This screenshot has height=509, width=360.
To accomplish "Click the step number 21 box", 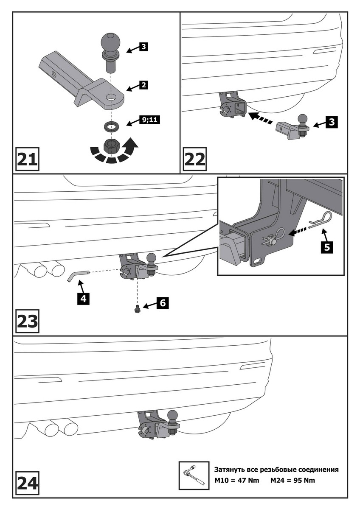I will (28, 159).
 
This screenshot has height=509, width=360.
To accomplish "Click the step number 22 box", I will (195, 159).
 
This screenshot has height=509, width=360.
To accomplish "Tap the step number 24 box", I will (28, 483).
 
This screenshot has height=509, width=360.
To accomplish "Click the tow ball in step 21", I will (111, 44).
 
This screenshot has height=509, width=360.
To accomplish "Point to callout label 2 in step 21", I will (143, 85).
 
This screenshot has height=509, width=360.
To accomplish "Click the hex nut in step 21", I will (112, 146).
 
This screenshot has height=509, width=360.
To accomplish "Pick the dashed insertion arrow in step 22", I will (260, 117).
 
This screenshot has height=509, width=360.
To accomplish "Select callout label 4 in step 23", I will (83, 298).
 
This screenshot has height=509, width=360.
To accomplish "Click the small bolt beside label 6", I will (137, 310).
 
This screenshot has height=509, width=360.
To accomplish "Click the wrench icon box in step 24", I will (194, 476).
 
